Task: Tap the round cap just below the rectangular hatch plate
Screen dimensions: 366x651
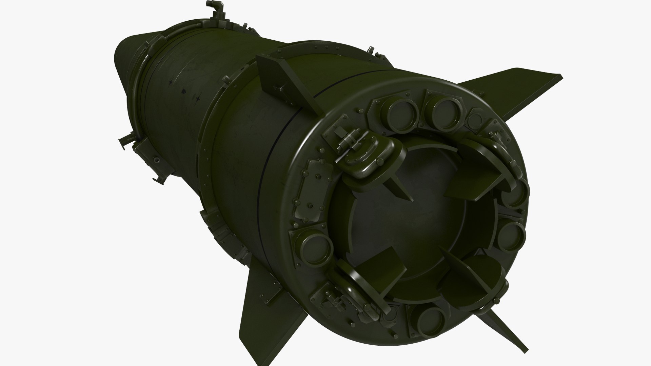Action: tap(315, 243)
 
